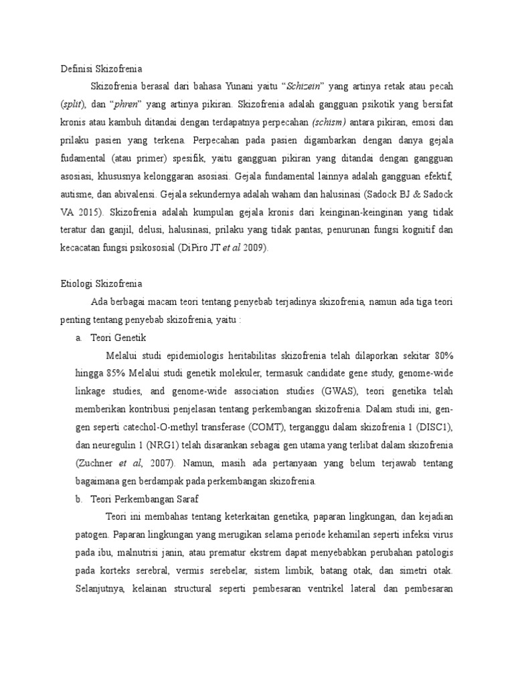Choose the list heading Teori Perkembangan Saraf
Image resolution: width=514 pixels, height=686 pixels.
144,500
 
